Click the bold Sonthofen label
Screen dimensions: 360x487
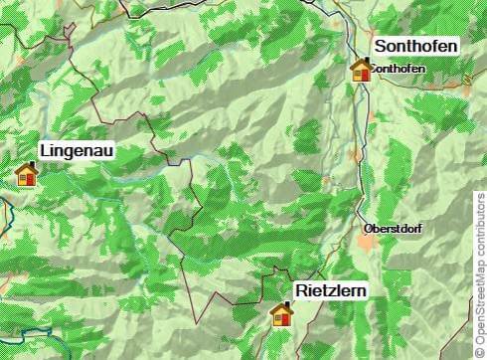pos(415,47)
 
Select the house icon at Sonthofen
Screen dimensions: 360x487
pos(362,70)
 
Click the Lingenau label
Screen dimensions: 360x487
pos(77,151)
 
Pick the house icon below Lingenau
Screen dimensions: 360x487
pos(27,174)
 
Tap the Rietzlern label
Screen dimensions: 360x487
pos(330,290)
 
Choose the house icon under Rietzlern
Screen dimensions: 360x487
pos(282,315)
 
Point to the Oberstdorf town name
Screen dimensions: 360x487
pos(394,229)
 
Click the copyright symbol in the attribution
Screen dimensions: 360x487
pos(480,350)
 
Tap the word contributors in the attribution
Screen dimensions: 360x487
pos(480,224)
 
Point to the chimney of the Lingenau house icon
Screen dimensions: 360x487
pos(32,165)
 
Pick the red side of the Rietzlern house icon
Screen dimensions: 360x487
pos(287,319)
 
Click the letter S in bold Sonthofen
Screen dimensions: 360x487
pos(380,47)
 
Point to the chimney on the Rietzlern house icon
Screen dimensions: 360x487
pos(287,306)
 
